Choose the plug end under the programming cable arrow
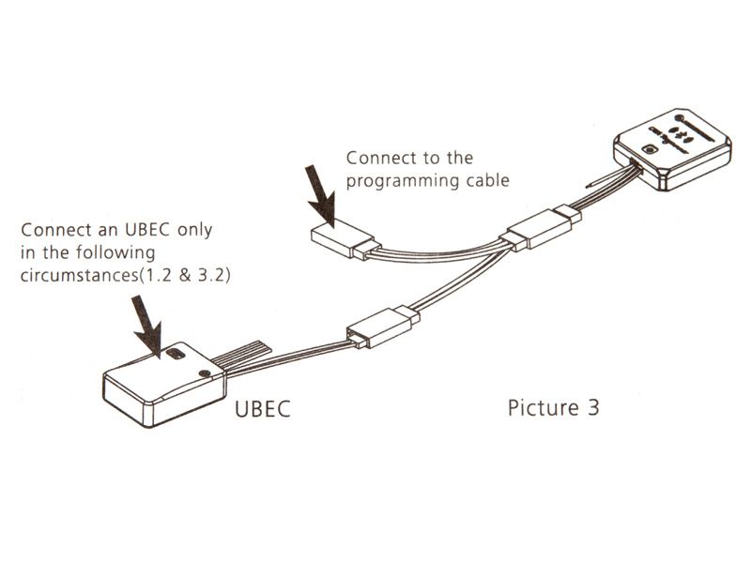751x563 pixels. point(340,237)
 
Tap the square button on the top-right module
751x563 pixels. point(647,150)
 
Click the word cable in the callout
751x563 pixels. point(483,180)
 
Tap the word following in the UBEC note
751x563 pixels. point(114,253)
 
